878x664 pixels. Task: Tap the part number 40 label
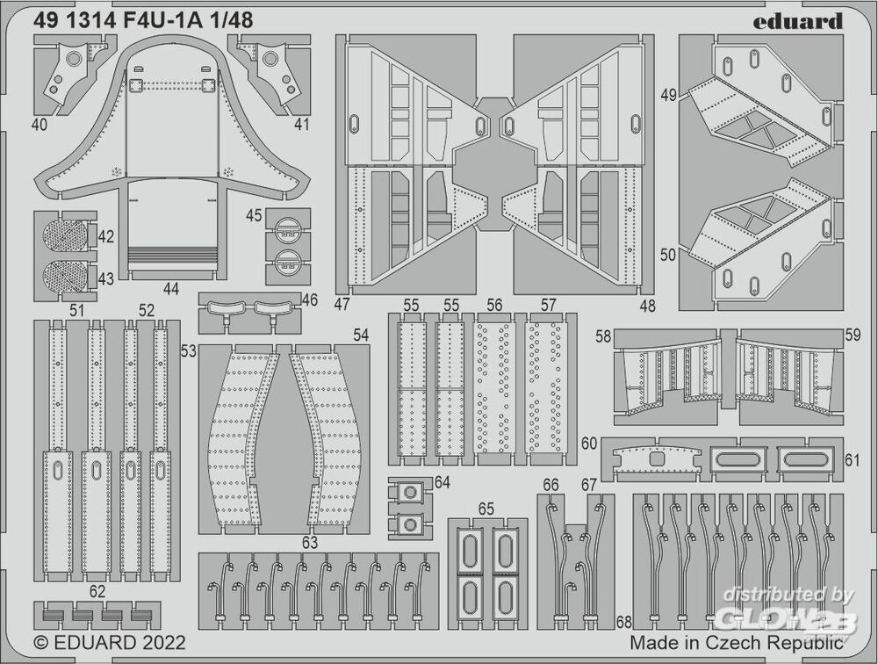[40, 125]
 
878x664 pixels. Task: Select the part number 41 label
[301, 125]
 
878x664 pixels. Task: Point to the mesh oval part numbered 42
[65, 236]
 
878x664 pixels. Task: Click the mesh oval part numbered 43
[65, 276]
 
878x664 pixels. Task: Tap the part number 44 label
[170, 287]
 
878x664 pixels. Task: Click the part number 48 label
[647, 307]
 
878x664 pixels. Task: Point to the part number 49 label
[668, 96]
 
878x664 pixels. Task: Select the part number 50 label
[668, 255]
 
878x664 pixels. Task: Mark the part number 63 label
[309, 543]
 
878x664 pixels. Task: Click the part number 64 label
[442, 481]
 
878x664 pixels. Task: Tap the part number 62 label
[97, 591]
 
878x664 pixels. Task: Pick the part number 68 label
[623, 623]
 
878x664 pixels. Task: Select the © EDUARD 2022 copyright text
[109, 642]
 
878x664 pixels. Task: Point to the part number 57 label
[549, 305]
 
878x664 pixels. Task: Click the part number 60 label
[589, 443]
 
